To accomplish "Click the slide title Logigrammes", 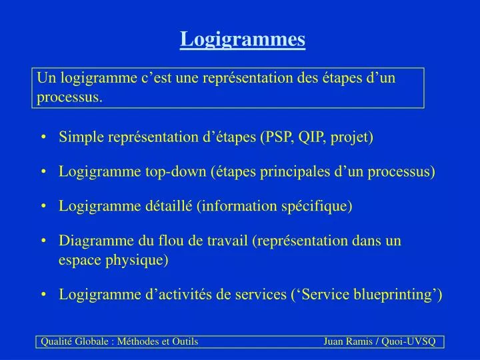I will [x=243, y=39].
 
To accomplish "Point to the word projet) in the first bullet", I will [x=354, y=137].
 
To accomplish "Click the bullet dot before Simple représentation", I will [x=43, y=138].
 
